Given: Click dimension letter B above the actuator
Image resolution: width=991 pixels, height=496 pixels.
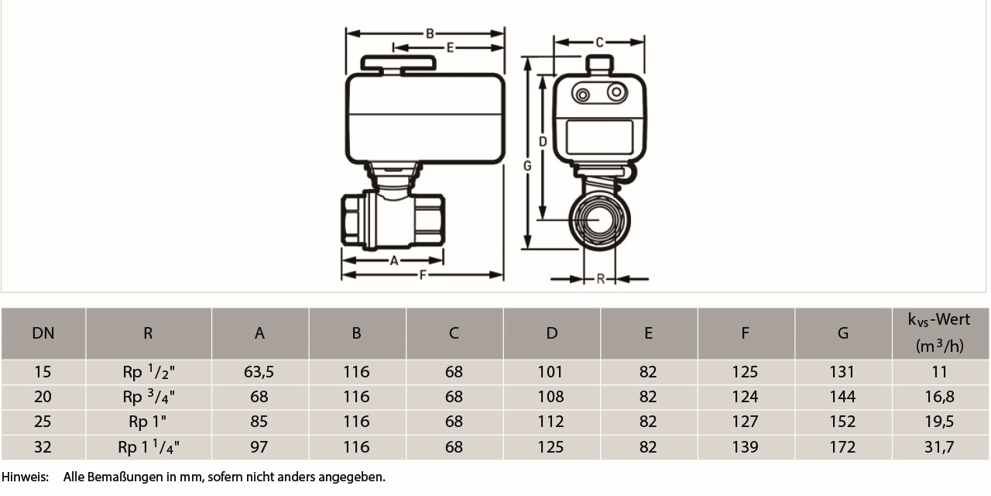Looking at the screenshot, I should click(x=429, y=33).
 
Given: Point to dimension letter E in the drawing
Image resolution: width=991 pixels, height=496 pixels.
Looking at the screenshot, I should click(x=450, y=47).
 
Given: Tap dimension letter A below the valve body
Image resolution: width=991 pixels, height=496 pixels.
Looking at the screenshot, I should click(x=394, y=261).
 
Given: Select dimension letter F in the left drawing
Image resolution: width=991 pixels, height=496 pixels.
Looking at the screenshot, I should click(x=423, y=275).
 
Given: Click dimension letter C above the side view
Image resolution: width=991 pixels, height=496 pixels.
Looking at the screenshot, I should click(x=599, y=43).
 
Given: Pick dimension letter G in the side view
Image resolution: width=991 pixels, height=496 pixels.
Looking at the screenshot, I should click(x=527, y=166).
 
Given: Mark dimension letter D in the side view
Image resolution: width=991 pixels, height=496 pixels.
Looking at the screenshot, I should click(x=543, y=142).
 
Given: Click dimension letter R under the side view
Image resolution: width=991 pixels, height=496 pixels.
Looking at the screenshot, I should click(x=601, y=279).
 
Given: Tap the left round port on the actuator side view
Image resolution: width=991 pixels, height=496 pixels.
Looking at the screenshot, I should click(x=581, y=95).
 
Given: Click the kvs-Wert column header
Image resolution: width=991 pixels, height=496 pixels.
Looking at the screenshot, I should click(x=939, y=332).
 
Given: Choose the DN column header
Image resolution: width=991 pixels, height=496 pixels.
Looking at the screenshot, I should click(x=43, y=333).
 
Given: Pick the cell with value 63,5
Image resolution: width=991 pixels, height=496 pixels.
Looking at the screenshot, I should click(x=259, y=372).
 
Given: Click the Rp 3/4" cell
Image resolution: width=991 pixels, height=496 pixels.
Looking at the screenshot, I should click(x=149, y=397).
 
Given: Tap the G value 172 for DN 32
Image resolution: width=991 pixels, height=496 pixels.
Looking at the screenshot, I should click(x=842, y=447).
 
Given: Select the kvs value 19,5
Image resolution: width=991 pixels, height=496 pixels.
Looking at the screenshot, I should click(x=939, y=422).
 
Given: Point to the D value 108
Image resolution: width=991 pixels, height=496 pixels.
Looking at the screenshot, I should click(x=550, y=397).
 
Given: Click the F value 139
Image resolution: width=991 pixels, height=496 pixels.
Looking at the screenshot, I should click(x=745, y=447).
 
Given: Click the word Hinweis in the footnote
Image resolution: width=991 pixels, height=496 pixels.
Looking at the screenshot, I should click(x=24, y=477).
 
